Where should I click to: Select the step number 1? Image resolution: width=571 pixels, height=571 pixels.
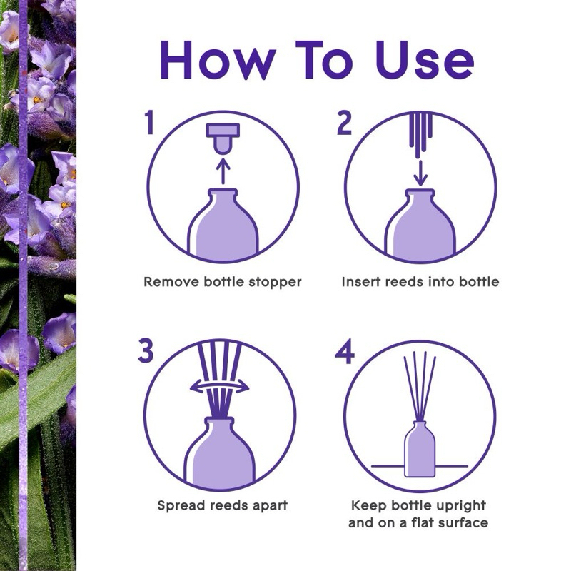(x=149, y=122)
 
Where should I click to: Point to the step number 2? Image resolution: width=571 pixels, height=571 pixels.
(x=344, y=123)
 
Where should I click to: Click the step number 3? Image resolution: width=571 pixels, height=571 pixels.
(x=146, y=350)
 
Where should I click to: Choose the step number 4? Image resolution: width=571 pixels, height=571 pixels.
(x=345, y=351)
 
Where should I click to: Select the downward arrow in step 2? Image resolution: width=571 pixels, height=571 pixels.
(x=421, y=173)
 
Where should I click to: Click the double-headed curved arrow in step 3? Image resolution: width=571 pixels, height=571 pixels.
(x=220, y=387)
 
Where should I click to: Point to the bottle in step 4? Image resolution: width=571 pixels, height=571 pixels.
(x=420, y=449)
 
